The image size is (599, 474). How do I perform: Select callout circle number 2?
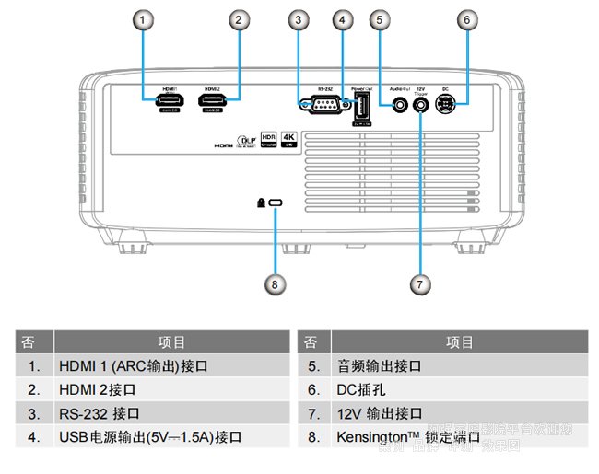(239, 18)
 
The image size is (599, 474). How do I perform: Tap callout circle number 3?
(297, 18)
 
